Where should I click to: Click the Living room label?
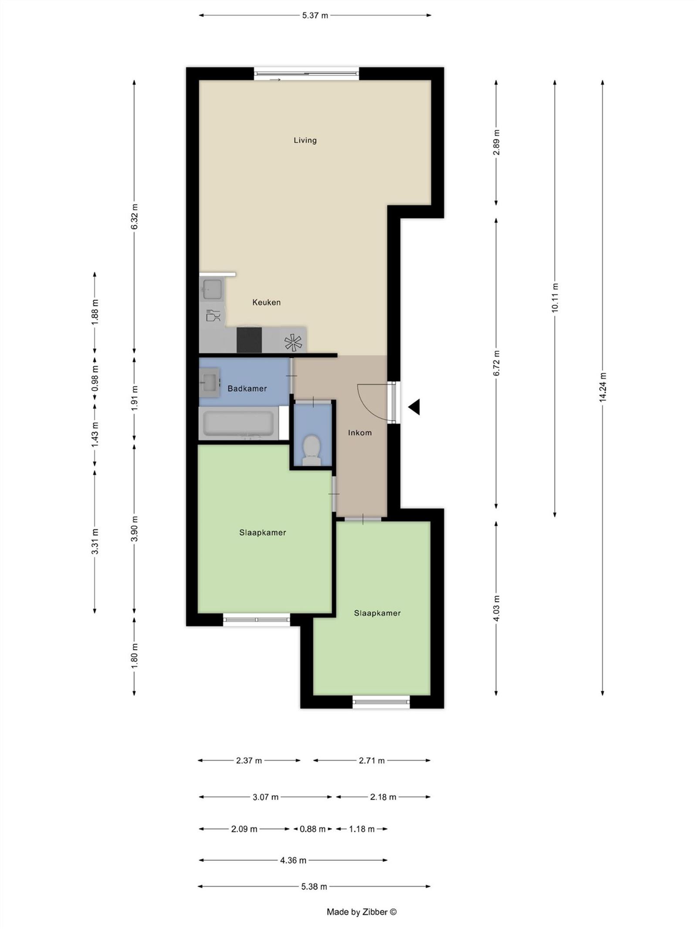tap(305, 140)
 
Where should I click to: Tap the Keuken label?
tap(266, 302)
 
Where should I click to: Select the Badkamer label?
tap(247, 388)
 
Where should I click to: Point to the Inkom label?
tap(360, 432)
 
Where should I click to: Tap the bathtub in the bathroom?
tap(239, 423)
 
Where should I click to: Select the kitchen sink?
tap(212, 289)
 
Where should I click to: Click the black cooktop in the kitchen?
tap(249, 340)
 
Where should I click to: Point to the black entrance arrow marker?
tap(414, 407)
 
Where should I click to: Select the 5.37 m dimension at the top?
tap(315, 16)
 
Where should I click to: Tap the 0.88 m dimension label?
tap(312, 829)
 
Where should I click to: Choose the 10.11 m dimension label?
tap(555, 298)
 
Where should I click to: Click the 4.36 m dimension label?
tap(293, 860)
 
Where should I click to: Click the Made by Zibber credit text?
tap(362, 912)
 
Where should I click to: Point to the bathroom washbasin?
tap(210, 382)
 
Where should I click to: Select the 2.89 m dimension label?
tap(496, 142)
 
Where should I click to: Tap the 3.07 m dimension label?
tap(265, 797)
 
